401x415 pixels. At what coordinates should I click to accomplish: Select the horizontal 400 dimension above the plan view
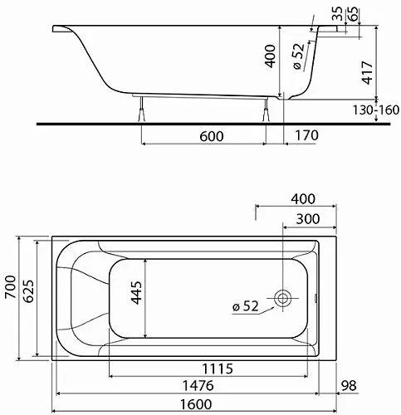click(x=304, y=198)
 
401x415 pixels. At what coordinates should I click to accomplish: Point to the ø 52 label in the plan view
click(x=247, y=307)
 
